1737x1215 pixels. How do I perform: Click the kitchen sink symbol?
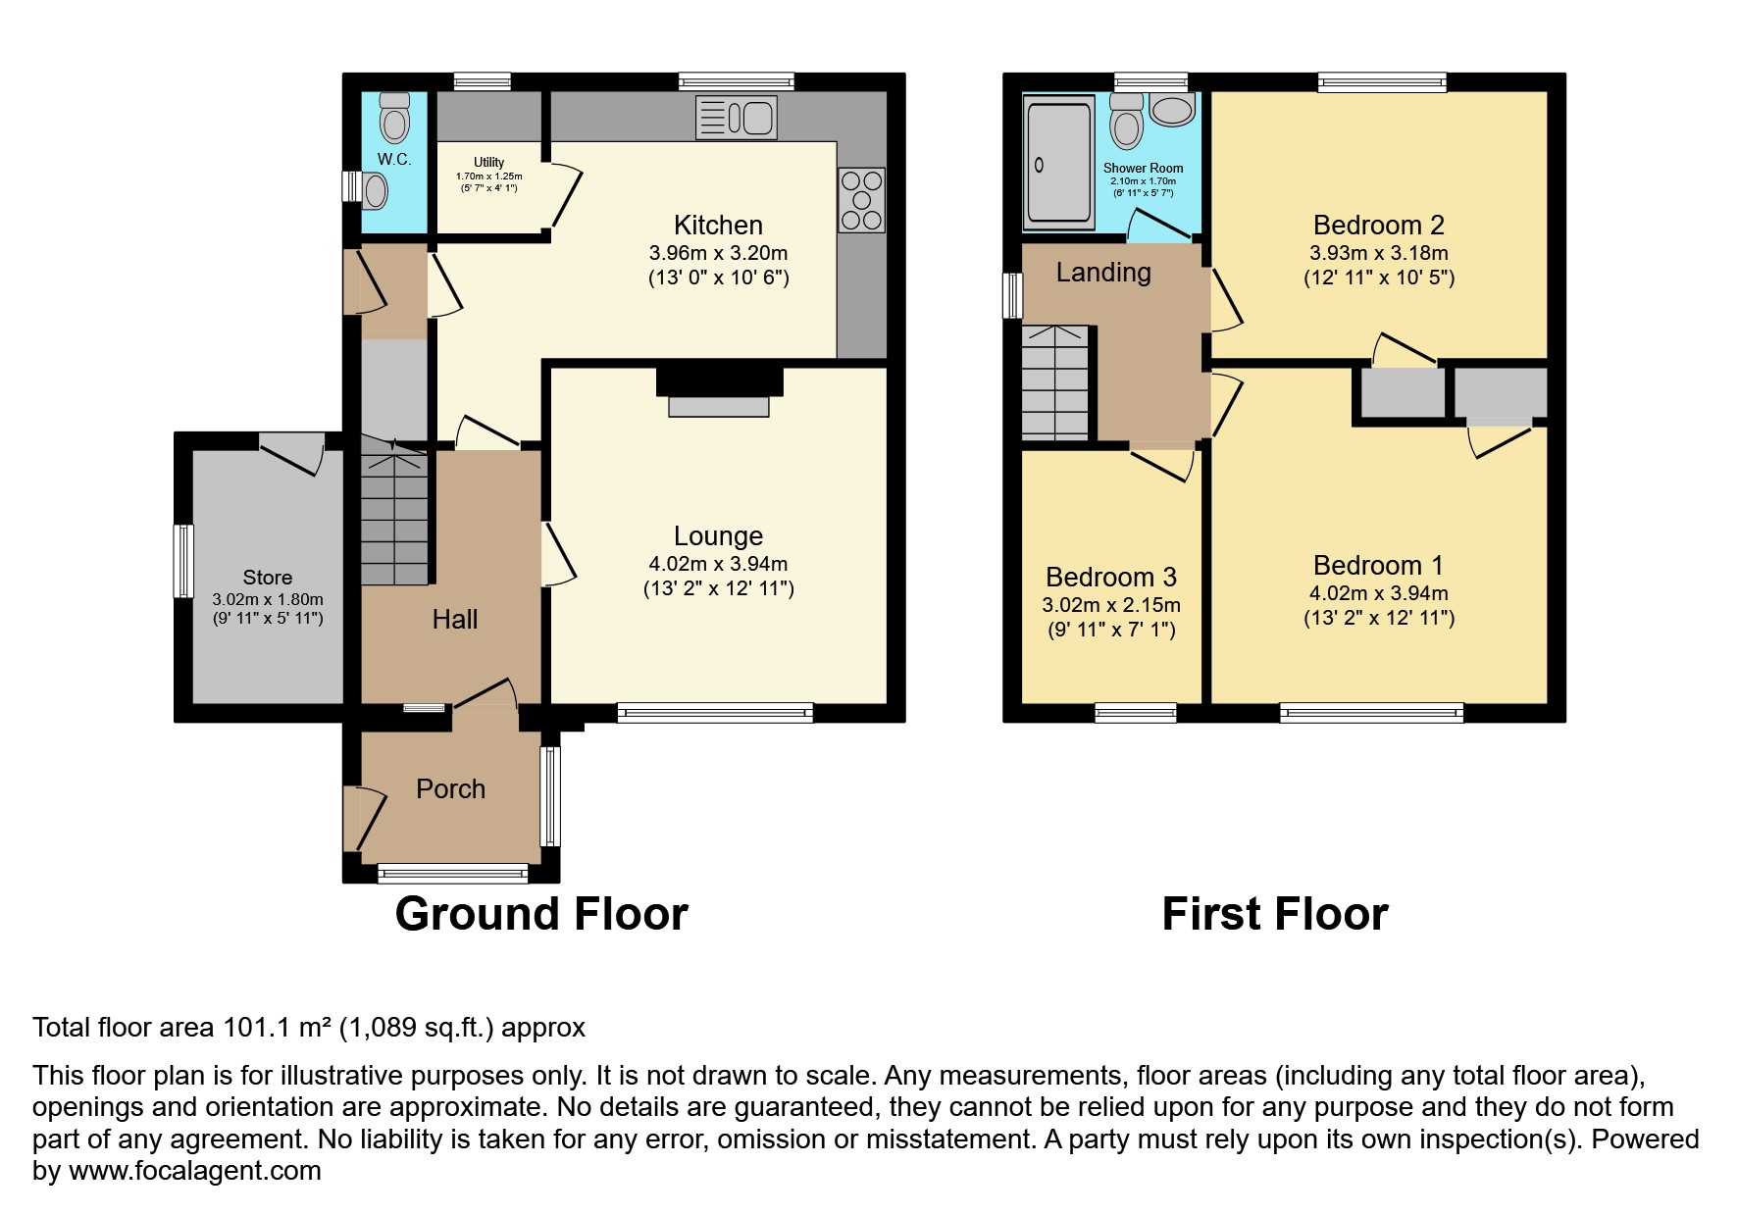[x=737, y=118]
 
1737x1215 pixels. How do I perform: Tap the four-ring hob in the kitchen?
[x=861, y=200]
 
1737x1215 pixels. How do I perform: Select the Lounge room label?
[x=718, y=536]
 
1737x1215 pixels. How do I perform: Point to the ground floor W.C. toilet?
[x=394, y=119]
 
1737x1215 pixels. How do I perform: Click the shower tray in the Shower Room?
[x=1057, y=164]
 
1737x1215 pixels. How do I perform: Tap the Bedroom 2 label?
[x=1378, y=226]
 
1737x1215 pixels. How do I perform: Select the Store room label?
[x=267, y=578]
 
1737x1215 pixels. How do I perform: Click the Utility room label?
[x=488, y=163]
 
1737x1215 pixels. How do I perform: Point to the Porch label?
[x=450, y=789]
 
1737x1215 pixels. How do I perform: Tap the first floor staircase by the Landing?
[x=1055, y=382]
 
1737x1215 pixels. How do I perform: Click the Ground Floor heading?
[x=541, y=914]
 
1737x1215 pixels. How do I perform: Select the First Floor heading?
[x=1274, y=914]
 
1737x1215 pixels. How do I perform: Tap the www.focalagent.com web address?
[x=193, y=1171]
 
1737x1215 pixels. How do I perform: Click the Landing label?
[x=1102, y=273]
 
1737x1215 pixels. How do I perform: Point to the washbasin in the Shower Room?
[x=1172, y=109]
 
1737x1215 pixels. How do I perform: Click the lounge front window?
[x=715, y=713]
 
